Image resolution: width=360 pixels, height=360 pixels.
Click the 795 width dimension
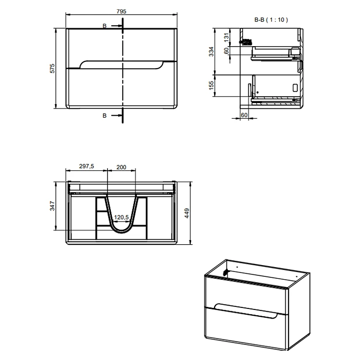pos(121,11)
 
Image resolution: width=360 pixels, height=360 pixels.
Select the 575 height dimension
pos(53,69)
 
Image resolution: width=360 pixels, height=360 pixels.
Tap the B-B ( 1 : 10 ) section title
pos(271,20)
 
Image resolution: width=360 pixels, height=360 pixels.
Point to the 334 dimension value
pos(211,52)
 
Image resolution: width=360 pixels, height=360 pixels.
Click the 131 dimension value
pos(227,37)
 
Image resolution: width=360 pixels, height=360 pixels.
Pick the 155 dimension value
pos(211,86)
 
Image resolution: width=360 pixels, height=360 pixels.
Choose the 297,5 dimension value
pos(87,166)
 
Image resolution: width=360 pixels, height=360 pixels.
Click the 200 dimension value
pos(121,167)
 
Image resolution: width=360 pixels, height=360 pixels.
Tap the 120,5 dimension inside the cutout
pos(122,217)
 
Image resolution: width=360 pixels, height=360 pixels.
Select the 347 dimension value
pos(53,206)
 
